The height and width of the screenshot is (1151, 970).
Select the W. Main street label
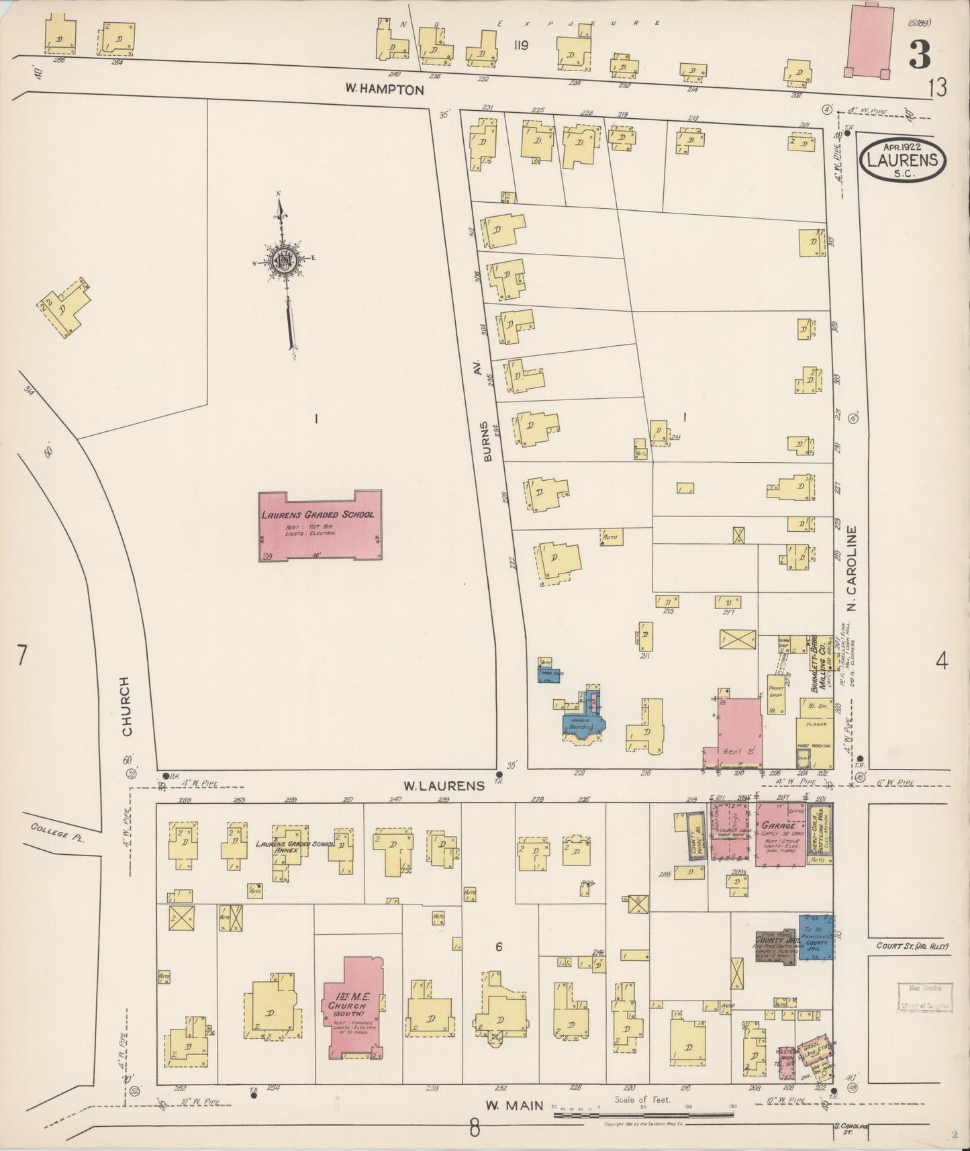pos(514,1104)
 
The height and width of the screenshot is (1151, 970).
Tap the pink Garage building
pos(781,833)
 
